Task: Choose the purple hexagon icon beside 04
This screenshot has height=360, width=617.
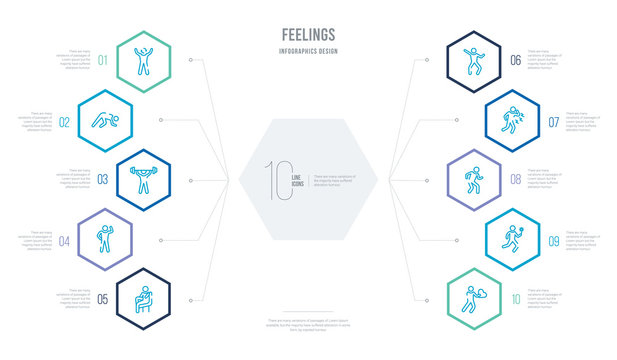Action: tap(105, 239)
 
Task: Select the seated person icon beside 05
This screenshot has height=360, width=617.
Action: tap(142, 298)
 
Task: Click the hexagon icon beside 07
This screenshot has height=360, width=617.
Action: tap(511, 120)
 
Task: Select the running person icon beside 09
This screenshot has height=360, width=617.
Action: tap(511, 239)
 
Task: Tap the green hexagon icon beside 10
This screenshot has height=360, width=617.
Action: tap(474, 298)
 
